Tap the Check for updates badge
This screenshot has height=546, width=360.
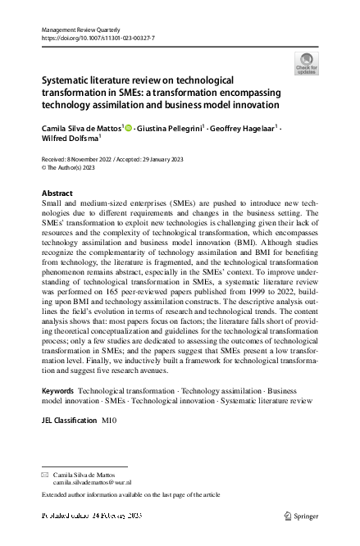[308, 63]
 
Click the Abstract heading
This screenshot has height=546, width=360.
[57, 193]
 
